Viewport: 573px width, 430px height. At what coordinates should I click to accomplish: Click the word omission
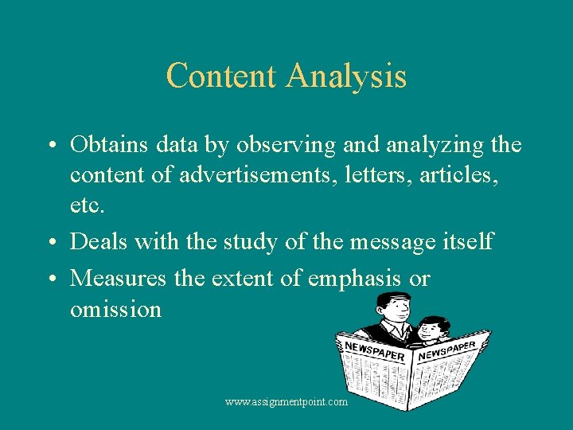tap(115, 308)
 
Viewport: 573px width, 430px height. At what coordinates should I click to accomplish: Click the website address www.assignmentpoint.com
tap(286, 402)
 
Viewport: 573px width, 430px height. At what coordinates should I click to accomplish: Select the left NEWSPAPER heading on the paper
tap(375, 351)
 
